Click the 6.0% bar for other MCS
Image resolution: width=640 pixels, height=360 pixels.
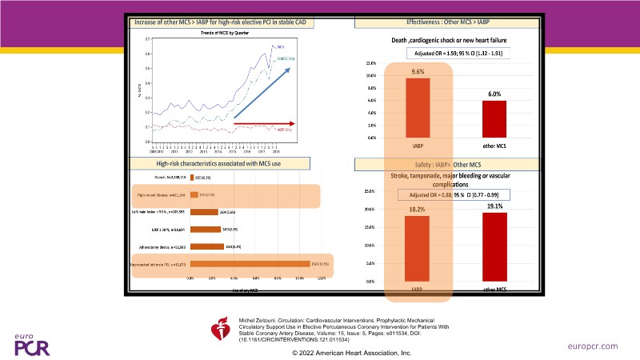[494, 119]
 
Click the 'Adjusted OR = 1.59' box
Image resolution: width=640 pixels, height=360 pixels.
[454, 53]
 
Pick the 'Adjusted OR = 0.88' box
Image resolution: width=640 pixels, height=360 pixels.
[453, 194]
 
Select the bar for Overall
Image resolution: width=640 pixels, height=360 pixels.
[192, 177]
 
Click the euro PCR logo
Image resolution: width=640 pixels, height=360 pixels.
[31, 343]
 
